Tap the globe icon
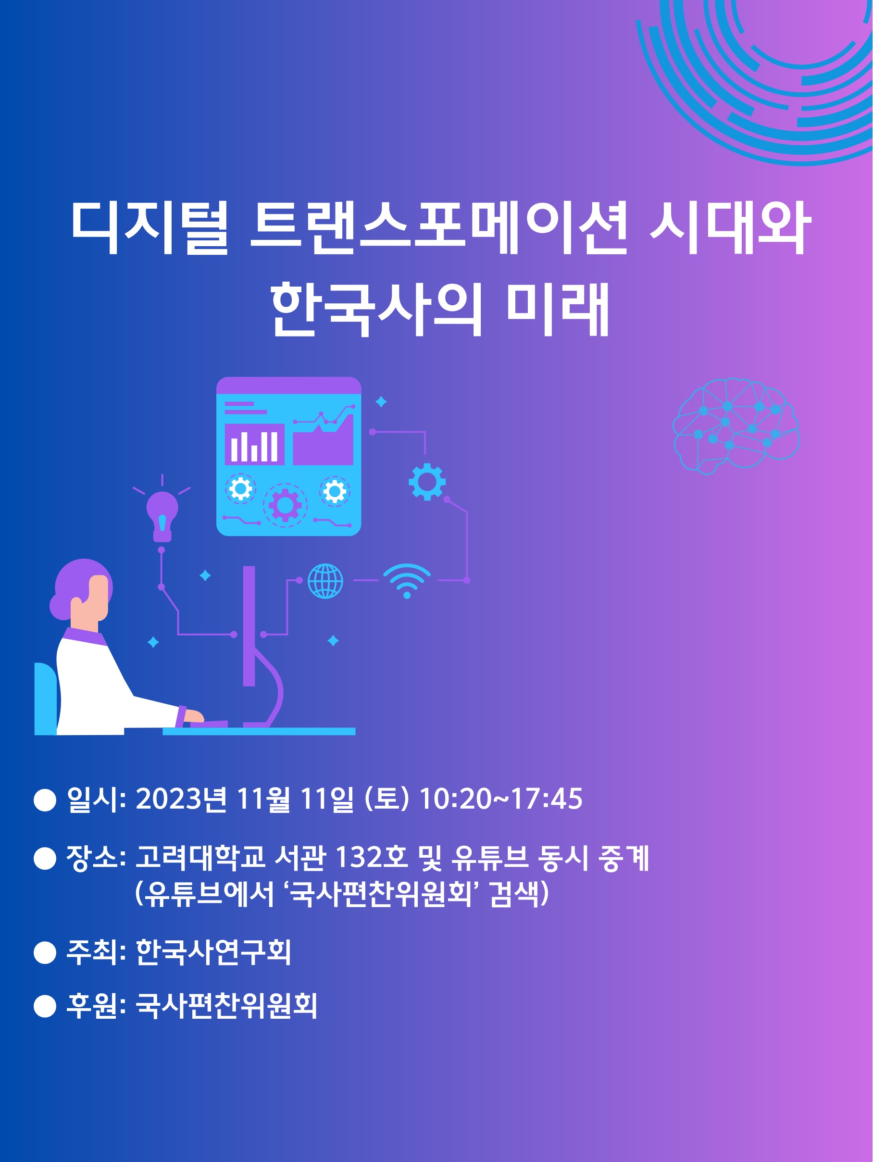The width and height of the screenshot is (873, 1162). [x=325, y=581]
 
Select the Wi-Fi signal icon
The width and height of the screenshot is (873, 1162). [x=407, y=581]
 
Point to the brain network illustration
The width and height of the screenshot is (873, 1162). [x=736, y=426]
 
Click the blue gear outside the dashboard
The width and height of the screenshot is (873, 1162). [x=427, y=482]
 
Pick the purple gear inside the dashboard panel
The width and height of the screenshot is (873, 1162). [x=285, y=505]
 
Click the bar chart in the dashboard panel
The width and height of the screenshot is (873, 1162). [x=255, y=444]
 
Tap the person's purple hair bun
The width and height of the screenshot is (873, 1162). [x=59, y=607]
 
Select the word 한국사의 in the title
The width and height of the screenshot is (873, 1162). [x=376, y=309]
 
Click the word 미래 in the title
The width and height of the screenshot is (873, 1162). [x=558, y=309]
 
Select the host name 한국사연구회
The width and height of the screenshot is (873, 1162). [x=213, y=952]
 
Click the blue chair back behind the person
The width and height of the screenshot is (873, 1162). [x=46, y=699]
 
